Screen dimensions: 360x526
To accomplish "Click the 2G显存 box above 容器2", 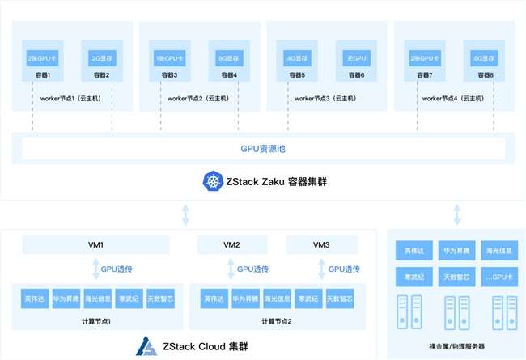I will [x=101, y=57].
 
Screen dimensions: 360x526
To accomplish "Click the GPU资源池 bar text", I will [x=262, y=150].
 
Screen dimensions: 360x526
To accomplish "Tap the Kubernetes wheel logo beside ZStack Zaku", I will [x=213, y=182].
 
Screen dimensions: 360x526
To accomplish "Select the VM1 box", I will [x=95, y=244].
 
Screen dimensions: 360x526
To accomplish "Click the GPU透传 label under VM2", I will [x=252, y=268].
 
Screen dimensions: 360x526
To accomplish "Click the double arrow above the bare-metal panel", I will [x=456, y=216].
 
